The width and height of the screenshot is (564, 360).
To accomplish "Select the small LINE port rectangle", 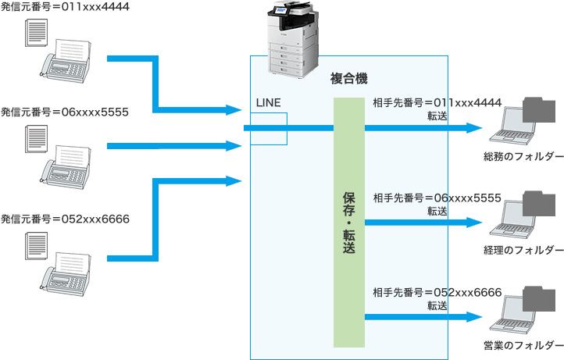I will (269, 129).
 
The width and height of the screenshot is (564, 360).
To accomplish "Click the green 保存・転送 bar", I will (348, 223).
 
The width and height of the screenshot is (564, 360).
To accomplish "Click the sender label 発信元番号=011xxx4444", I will (65, 7).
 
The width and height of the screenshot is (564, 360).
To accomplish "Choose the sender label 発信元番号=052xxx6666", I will (65, 217).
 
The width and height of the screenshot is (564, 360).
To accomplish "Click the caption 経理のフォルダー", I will (523, 250).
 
